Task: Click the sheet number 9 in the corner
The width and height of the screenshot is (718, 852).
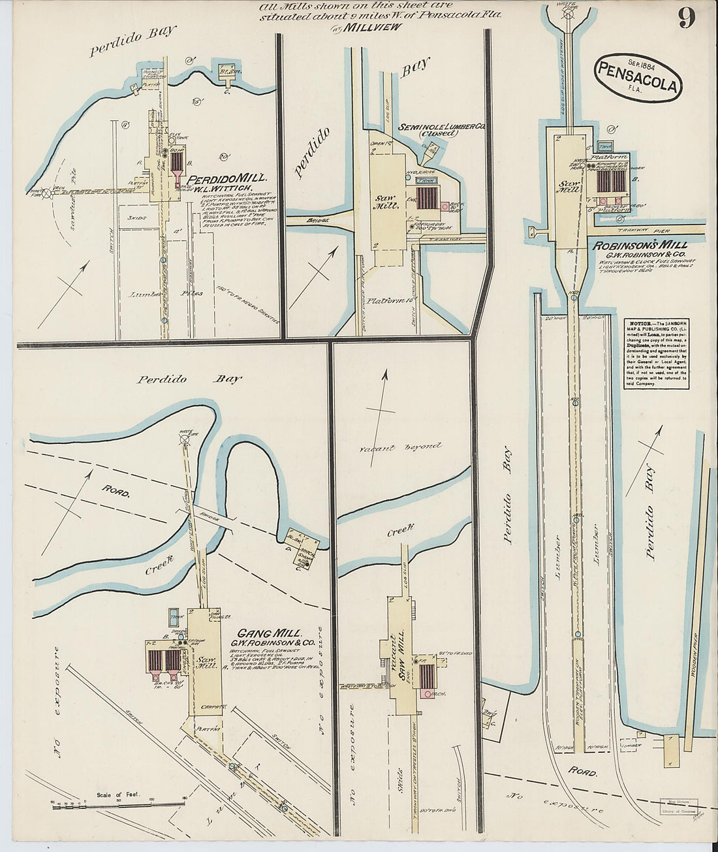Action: pos(686,18)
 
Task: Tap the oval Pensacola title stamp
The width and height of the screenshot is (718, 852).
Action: pos(638,76)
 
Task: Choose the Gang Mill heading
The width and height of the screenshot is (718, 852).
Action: pos(269,633)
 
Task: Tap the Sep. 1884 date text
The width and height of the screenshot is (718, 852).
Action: pos(642,64)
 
